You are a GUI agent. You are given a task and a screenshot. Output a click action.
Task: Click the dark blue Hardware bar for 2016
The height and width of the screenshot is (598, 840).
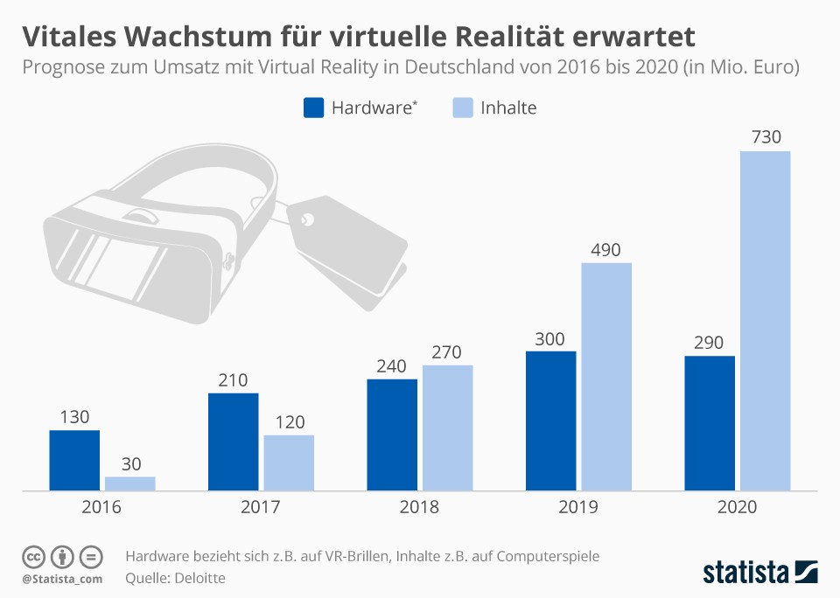point(74,460)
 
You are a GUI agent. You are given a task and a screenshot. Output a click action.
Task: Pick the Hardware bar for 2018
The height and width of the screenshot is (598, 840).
point(392,435)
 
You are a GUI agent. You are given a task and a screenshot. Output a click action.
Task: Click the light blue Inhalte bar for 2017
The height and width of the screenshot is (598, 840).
point(289,462)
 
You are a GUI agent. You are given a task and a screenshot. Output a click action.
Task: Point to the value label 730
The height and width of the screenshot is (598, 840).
point(765,137)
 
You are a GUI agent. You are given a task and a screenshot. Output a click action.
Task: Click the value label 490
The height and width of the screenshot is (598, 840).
point(606,249)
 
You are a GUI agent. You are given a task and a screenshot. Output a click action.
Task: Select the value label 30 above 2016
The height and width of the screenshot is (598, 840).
point(130,463)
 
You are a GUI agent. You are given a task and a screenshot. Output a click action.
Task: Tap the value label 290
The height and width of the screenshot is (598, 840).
point(710,342)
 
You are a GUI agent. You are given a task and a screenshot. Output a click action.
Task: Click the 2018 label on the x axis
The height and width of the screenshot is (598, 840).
point(419,508)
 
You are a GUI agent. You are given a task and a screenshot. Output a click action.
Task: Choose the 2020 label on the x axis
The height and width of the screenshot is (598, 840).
point(737,508)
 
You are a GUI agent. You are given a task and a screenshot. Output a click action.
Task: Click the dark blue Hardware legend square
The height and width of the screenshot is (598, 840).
point(314,108)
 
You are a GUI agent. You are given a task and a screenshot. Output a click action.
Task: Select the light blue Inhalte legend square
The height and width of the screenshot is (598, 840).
point(463,108)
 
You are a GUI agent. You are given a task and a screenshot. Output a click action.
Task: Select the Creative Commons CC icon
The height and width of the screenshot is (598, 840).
point(33,557)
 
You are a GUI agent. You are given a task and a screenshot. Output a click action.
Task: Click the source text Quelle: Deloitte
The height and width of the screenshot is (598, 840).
point(175,578)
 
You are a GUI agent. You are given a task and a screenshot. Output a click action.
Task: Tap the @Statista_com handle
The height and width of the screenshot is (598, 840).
point(62,578)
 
